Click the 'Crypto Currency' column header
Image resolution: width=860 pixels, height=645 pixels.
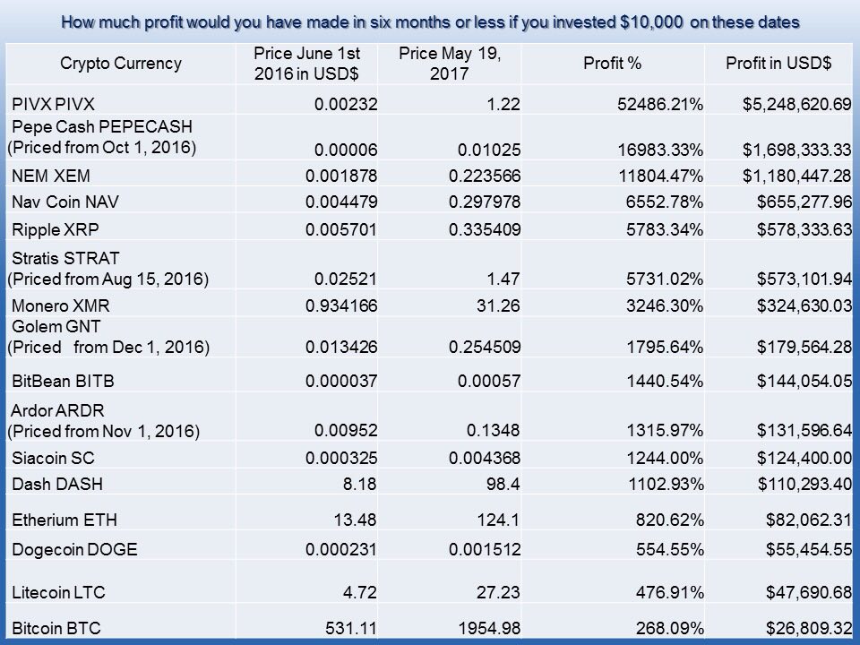click(121, 64)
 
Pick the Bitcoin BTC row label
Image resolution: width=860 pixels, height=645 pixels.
click(56, 628)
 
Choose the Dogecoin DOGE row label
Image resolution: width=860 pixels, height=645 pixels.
click(74, 549)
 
